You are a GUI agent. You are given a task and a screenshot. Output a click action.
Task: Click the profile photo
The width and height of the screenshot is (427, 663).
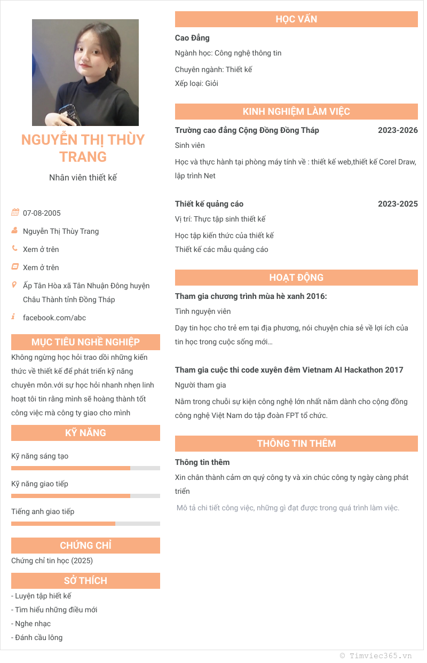85,73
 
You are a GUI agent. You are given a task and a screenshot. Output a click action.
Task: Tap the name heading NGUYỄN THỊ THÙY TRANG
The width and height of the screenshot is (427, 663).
83,148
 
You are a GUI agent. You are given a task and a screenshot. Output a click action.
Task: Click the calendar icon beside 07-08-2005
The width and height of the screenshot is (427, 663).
15,212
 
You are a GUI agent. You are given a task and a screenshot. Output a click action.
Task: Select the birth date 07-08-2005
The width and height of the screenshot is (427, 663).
42,213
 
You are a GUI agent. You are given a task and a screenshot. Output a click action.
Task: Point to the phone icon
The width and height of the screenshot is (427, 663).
15,249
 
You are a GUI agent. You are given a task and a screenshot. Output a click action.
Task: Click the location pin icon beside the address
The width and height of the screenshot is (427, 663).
14,285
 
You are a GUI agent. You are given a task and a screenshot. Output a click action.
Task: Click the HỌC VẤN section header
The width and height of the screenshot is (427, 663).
296,19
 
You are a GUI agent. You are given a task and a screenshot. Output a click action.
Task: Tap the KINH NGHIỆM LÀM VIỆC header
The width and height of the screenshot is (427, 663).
296,112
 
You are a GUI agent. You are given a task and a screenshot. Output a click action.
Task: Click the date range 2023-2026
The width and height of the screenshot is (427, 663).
398,130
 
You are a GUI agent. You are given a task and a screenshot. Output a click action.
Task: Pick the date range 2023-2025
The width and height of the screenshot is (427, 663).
398,204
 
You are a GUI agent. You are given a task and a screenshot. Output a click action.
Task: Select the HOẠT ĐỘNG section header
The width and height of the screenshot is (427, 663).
296,278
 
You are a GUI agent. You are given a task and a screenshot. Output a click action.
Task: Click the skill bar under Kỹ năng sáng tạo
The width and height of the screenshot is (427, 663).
85,468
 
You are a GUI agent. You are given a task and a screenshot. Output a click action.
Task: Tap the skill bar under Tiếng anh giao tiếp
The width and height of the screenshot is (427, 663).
85,524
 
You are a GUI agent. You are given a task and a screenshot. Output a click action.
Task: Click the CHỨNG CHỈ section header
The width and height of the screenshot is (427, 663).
85,546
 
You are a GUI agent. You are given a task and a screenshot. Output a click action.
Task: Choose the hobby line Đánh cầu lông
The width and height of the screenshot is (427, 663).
37,637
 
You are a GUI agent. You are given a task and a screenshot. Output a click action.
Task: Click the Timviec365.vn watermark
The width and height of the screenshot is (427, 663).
376,656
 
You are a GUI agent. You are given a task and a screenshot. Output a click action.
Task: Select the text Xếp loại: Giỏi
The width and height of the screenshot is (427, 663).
196,83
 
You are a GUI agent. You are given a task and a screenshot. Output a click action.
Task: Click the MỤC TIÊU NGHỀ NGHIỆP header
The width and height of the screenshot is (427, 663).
85,342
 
